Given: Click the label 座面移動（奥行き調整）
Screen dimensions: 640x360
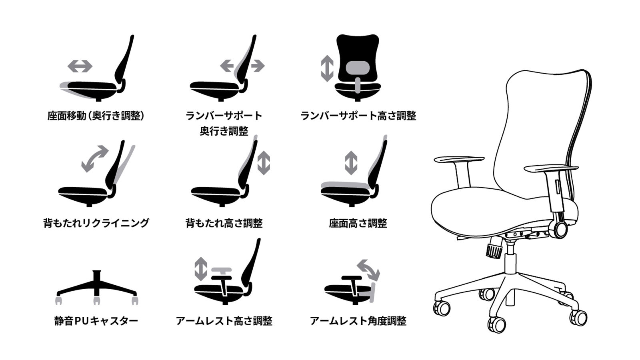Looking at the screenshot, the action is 96,116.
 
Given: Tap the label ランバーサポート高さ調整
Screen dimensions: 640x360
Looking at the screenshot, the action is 358,116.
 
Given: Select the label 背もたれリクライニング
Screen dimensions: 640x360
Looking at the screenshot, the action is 96,223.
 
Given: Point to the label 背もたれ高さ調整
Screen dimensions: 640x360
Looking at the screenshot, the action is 224,223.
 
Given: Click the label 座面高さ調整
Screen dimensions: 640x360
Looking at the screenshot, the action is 358,223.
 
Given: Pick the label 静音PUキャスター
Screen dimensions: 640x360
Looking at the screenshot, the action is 96,321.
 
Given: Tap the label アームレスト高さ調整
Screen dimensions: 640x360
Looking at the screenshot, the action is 224,321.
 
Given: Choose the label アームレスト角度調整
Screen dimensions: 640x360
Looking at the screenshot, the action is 358,321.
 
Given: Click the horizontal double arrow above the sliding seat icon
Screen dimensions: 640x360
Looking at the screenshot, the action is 80,66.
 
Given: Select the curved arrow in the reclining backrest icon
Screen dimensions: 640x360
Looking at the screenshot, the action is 95,158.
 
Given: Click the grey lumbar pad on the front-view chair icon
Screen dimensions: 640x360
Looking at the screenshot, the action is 357,68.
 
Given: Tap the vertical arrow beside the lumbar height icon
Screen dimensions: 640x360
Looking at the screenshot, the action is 327,68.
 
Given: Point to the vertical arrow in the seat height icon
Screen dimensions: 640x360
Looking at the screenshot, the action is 351,163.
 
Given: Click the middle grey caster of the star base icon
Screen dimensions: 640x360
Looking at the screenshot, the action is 96,300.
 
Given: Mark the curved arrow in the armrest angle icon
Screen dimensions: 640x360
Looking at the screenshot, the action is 368,270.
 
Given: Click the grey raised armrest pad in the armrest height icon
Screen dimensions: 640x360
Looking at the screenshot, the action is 222,270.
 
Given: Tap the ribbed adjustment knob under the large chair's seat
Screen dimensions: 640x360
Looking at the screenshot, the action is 494,248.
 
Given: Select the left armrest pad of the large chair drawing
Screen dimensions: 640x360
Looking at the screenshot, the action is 459,160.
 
